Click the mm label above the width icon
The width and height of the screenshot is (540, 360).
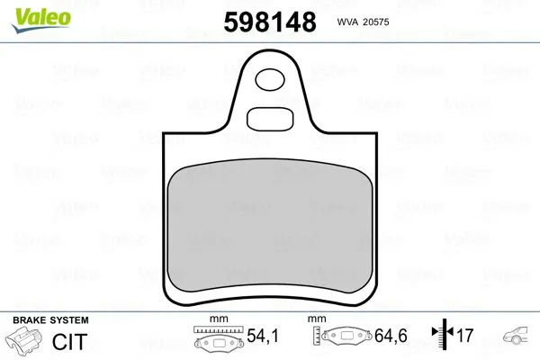[216, 319]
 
